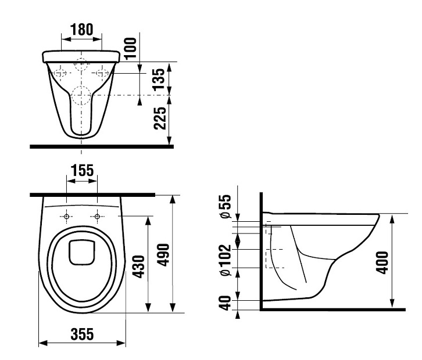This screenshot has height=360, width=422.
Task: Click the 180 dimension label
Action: click(x=82, y=30)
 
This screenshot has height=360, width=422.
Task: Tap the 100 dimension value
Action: click(x=131, y=48)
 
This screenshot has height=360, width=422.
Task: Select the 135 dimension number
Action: click(x=158, y=79)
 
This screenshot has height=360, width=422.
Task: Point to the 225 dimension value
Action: click(x=160, y=118)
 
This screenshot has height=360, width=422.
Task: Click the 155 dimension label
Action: click(x=82, y=171)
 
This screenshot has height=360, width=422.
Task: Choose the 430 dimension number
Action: click(x=139, y=267)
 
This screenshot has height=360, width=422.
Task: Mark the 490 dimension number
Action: click(x=163, y=255)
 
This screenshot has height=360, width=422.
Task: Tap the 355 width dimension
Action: click(x=82, y=334)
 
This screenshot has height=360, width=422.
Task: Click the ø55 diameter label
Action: click(x=226, y=206)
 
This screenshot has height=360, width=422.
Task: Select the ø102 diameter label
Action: click(x=226, y=260)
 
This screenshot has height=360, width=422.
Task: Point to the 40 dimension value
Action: click(x=226, y=303)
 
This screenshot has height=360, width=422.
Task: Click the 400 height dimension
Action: click(x=382, y=262)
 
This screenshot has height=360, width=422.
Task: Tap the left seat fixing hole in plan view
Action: click(x=66, y=217)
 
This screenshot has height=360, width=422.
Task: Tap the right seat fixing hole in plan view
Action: click(x=98, y=217)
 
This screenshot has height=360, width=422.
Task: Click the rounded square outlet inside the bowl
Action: click(x=82, y=253)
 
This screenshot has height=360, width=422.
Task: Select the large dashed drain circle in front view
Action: click(x=81, y=95)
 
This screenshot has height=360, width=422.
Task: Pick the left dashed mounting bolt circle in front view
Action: click(x=60, y=73)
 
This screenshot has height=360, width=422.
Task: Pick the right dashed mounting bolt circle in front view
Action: click(x=102, y=73)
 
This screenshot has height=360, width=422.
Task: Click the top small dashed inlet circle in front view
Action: click(x=81, y=64)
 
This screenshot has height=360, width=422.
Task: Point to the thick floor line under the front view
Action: click(x=102, y=146)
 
